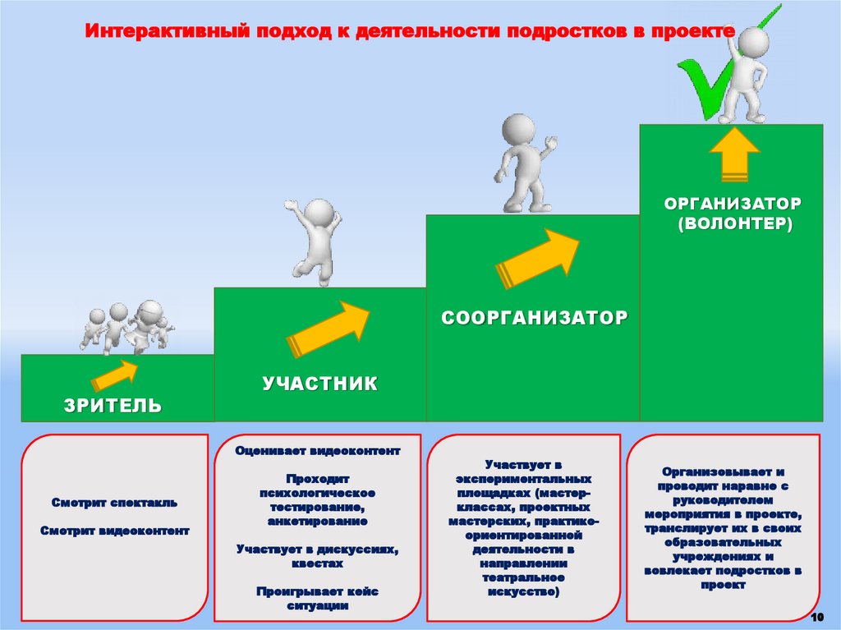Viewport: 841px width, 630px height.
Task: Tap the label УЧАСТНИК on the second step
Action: tap(320, 384)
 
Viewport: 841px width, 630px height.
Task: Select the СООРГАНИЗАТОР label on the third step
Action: tap(534, 317)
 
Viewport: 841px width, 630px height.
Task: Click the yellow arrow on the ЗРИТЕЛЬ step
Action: tap(115, 375)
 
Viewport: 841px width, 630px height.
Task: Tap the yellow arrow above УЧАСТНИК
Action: tap(328, 328)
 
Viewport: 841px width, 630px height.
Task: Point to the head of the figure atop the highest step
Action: tap(754, 40)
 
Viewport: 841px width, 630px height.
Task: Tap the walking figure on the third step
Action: tap(524, 164)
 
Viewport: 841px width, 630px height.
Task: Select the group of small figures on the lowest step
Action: tap(127, 327)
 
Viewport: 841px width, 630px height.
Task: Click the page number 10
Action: tap(816, 617)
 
